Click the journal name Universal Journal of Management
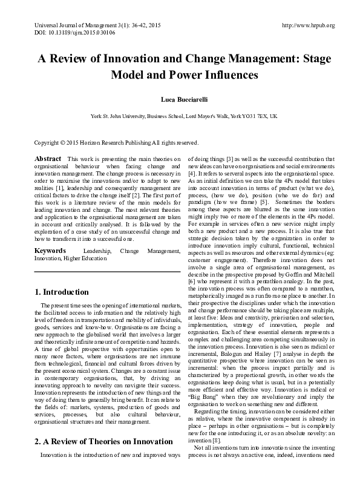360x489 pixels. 64,25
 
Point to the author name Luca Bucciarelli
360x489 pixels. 180,98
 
